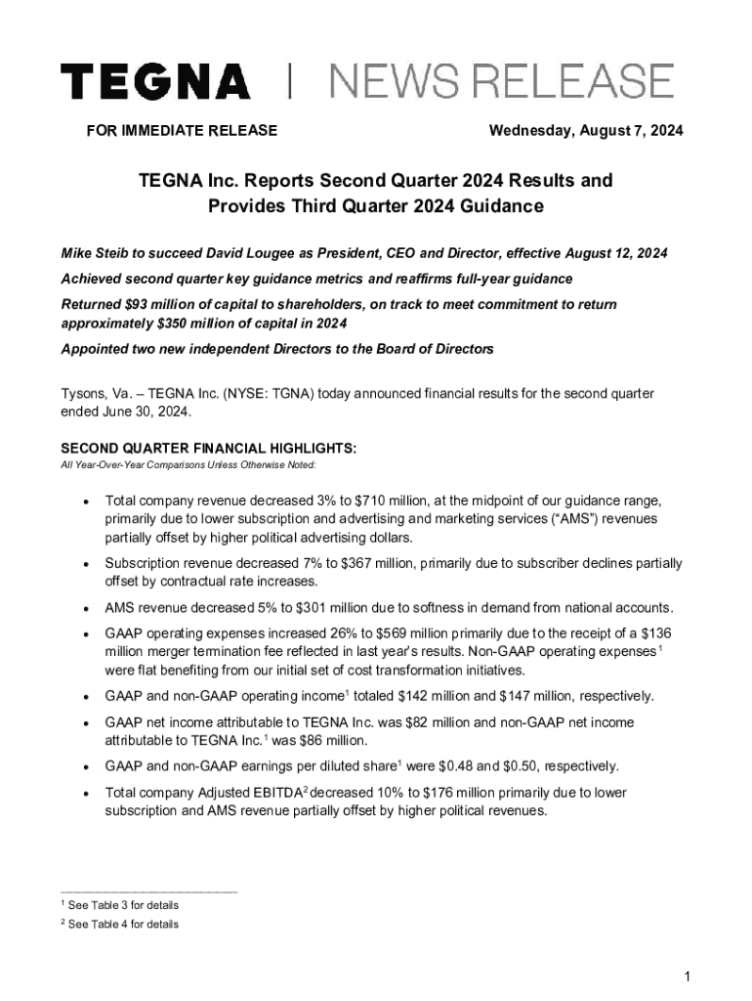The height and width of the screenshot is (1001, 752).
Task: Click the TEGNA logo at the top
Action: click(x=155, y=81)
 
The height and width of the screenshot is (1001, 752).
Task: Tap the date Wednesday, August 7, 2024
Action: click(x=586, y=131)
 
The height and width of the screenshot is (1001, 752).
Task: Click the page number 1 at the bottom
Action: click(x=689, y=977)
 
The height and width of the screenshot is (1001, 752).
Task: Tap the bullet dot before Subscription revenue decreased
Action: click(x=87, y=565)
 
